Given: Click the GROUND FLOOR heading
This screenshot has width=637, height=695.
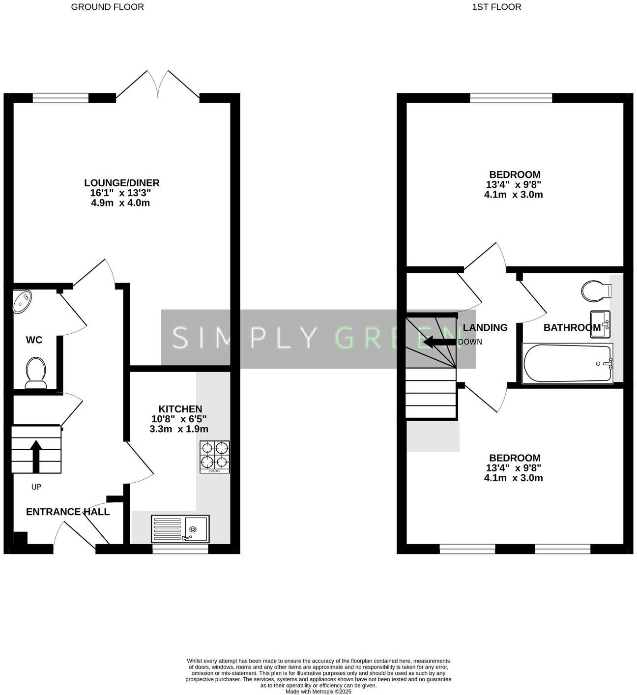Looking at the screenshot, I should [x=107, y=7].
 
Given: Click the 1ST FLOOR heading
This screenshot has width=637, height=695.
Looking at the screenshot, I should [x=496, y=7].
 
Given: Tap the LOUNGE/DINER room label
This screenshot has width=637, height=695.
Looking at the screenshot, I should [x=121, y=183].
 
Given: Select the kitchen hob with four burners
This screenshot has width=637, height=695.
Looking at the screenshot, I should [x=215, y=457].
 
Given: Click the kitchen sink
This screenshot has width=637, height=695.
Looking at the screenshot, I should [x=180, y=528].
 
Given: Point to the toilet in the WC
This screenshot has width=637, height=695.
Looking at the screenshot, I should [x=36, y=372].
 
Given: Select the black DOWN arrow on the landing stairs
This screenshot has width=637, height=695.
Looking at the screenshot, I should [x=439, y=342].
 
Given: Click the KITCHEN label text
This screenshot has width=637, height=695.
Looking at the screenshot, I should [x=180, y=409].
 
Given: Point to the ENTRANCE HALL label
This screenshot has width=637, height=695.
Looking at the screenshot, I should [x=68, y=512].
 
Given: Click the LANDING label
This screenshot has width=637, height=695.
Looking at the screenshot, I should [x=485, y=327].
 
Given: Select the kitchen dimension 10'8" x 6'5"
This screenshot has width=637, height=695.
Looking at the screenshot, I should [x=179, y=419].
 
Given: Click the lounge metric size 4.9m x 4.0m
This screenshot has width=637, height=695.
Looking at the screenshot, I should [x=120, y=203].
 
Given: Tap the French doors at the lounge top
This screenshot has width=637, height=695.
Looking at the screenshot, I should [x=158, y=85].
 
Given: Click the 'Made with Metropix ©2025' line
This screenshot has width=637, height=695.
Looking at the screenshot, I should [x=318, y=692].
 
